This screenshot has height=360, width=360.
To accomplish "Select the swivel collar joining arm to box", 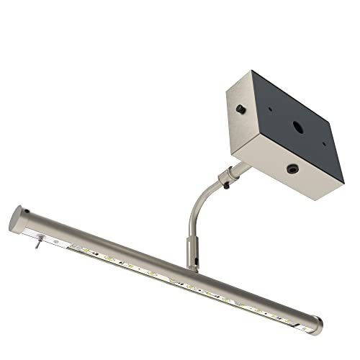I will pyautogui.click(x=228, y=174).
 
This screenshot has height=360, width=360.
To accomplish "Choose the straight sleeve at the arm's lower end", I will pyautogui.click(x=191, y=248).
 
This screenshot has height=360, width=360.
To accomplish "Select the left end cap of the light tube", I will pyautogui.click(x=17, y=217).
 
